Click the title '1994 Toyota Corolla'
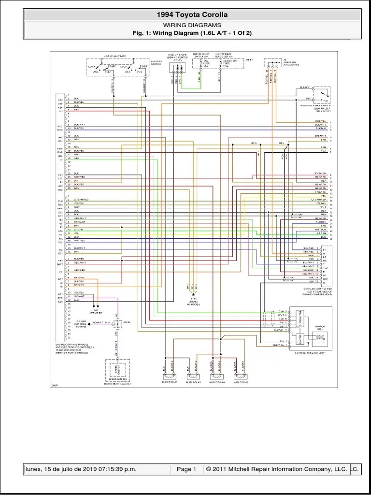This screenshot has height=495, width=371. [x=192, y=15]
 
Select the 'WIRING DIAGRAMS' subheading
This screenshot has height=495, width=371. [x=192, y=25]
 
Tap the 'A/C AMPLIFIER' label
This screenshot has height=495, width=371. [x=96, y=313]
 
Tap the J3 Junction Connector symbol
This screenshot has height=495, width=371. [x=272, y=63]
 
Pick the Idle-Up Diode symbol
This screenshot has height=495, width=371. [x=176, y=71]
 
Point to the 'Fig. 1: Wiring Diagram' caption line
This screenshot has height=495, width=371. [x=192, y=33]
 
